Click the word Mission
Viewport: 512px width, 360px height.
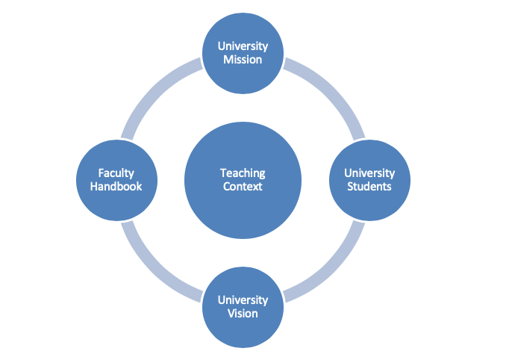243,59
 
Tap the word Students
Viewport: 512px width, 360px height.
369,186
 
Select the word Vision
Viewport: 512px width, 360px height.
243,313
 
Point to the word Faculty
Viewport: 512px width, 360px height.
116,173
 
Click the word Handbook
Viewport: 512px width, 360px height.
116,186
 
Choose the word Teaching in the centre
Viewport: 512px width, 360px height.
243,173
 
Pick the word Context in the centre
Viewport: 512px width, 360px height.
243,186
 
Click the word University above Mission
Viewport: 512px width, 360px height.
243,46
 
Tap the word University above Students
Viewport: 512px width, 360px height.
369,173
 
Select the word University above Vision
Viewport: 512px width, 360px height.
243,300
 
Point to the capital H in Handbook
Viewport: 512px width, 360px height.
93,186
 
